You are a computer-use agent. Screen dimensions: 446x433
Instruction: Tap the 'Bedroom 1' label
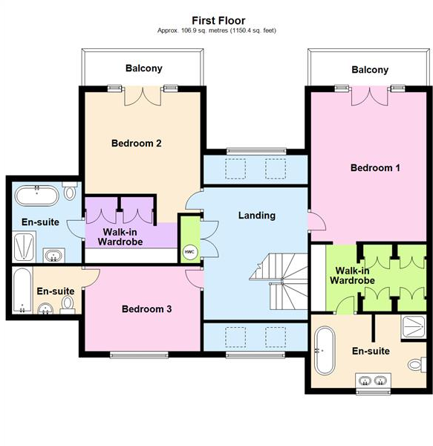[x=375, y=168]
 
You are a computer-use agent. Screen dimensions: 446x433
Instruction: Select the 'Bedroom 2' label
[x=137, y=143]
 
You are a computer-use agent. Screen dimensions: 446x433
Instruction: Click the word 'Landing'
[x=256, y=216]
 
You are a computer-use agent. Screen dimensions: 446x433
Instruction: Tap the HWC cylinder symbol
[x=189, y=251]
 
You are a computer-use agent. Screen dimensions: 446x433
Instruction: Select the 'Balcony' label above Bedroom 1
[x=370, y=70]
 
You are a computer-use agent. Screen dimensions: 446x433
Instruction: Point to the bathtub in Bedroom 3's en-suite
[x=22, y=291]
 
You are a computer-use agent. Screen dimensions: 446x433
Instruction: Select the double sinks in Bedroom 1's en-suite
[x=372, y=383]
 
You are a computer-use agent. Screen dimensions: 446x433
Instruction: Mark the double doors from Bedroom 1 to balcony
[x=369, y=94]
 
